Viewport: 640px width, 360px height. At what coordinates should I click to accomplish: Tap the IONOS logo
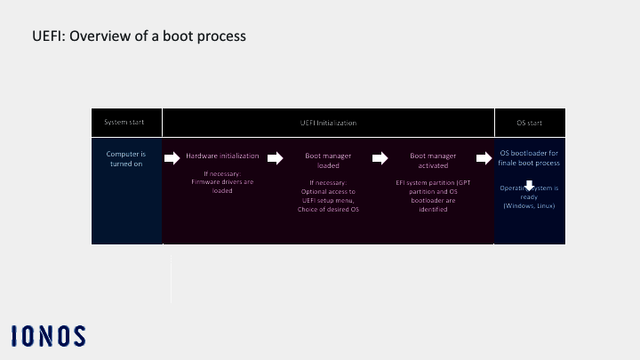point(49,336)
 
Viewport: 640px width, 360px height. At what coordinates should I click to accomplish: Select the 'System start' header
point(126,122)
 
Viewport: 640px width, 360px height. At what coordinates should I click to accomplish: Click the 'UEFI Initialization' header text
point(328,122)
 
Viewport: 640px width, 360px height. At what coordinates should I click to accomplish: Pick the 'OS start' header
point(529,122)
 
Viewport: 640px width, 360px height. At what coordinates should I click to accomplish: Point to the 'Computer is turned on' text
point(126,159)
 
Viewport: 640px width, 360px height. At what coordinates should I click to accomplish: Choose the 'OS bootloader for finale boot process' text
point(529,159)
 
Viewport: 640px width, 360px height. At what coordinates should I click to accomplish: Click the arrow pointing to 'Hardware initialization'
point(171,158)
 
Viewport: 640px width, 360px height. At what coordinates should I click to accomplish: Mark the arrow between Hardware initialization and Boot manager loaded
point(275,158)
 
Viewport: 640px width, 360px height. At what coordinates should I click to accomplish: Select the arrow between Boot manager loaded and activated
point(380,158)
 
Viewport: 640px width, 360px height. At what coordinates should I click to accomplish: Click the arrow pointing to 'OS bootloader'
point(484,158)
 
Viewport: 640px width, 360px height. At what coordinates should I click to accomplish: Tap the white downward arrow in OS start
point(529,187)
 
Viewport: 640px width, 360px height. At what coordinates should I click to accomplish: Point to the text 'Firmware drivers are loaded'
point(222,186)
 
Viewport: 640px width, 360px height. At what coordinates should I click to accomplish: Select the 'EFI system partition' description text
point(434,196)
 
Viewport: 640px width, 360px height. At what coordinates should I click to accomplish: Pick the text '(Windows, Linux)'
point(529,206)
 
